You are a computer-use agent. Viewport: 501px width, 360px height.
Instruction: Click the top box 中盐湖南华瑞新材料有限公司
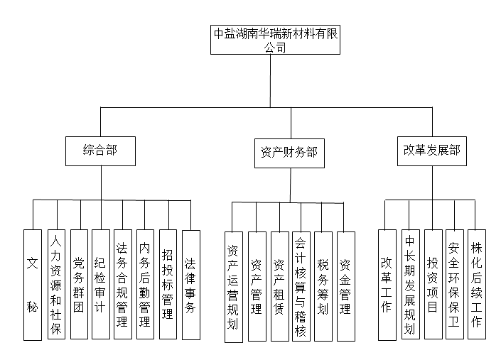click(x=274, y=40)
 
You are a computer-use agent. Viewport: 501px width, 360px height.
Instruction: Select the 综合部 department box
click(x=99, y=151)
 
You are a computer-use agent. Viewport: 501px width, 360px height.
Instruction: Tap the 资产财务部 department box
click(x=289, y=152)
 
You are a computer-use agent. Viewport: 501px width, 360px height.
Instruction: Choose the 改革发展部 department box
click(x=431, y=151)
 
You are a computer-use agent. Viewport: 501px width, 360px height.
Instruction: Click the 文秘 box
click(x=32, y=284)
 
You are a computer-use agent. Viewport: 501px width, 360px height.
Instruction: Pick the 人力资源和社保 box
click(x=56, y=284)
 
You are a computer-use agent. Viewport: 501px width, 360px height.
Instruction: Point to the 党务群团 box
click(x=79, y=284)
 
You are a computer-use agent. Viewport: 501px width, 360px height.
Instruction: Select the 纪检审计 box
click(x=100, y=284)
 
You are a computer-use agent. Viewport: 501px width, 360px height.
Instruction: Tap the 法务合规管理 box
click(x=123, y=284)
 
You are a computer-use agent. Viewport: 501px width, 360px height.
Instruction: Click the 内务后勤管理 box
click(x=145, y=284)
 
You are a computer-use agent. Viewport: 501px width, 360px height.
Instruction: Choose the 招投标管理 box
click(x=168, y=284)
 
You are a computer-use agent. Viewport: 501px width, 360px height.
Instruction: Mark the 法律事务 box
click(x=190, y=284)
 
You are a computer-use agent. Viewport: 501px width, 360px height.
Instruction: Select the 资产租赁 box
click(x=279, y=286)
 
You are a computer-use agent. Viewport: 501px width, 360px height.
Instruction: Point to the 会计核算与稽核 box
click(x=301, y=286)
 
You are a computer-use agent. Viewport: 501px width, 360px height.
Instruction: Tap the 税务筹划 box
click(x=323, y=286)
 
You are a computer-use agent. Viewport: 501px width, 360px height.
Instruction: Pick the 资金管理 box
click(x=345, y=286)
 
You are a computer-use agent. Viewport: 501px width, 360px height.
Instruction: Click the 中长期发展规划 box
click(x=409, y=284)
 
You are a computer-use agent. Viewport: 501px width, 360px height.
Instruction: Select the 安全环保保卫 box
click(x=455, y=284)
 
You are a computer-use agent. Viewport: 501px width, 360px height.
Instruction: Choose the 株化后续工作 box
click(x=477, y=284)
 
